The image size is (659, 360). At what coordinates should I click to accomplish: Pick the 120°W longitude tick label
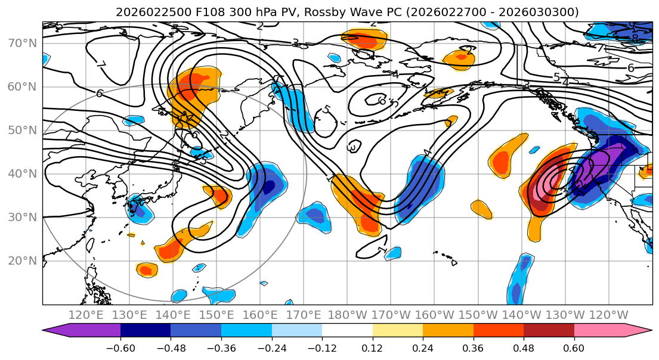(609, 315)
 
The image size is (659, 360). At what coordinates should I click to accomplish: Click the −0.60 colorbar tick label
(120, 347)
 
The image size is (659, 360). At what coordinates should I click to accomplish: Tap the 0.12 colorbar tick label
(372, 347)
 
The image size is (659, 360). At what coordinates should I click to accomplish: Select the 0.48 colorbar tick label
(524, 347)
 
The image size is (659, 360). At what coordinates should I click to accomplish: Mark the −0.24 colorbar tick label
(271, 347)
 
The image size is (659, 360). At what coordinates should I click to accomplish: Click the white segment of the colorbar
(347, 331)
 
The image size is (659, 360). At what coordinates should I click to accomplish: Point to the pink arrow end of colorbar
(641, 331)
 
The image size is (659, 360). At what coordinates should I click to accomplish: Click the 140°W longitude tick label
(522, 315)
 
